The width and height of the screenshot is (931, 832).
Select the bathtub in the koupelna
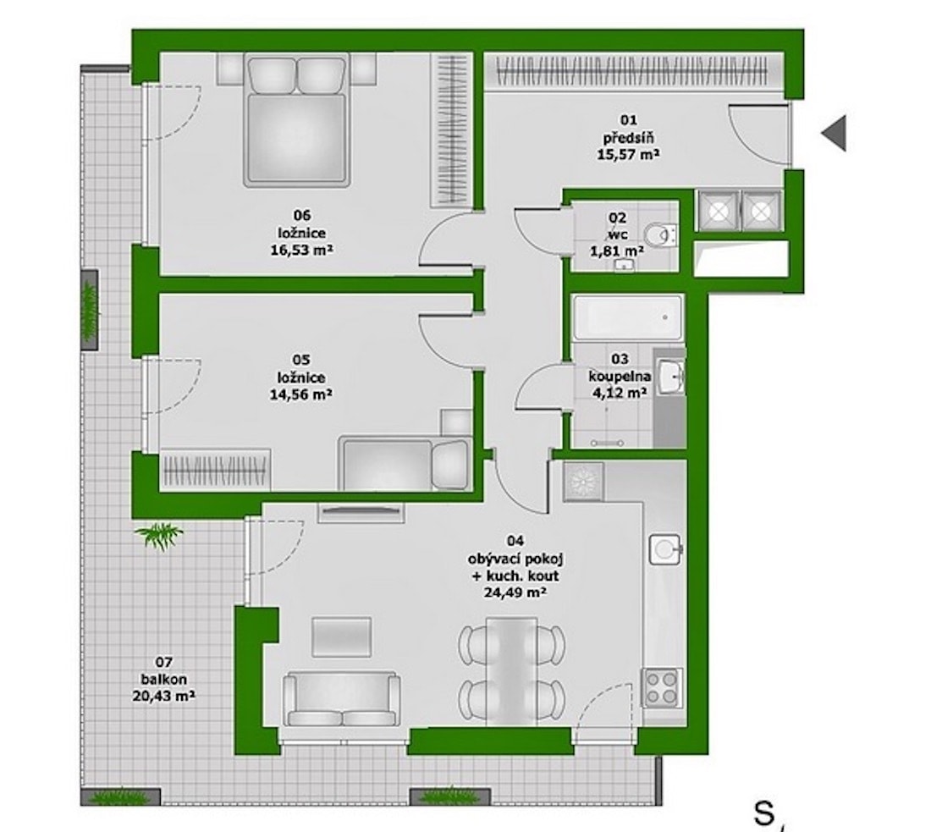pos(628,317)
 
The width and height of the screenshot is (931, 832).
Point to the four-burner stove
pos(662,686)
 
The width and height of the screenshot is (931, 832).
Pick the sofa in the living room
pos(341,699)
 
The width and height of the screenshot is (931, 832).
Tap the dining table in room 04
pos(511,671)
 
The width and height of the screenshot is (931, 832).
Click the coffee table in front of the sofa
pos(342,636)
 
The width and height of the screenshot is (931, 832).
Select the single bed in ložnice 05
pos(405,464)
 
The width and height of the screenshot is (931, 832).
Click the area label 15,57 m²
pos(628,154)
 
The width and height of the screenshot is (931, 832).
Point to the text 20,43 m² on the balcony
pos(163,696)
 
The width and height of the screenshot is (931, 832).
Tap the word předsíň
pos(629,138)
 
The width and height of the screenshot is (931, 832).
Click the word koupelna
pos(620,376)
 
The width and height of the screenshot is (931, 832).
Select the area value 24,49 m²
pos(515,592)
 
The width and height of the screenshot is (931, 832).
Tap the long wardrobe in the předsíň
pos(635,71)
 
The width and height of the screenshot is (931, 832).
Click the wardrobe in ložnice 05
pos(215,470)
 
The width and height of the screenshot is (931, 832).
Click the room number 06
pos(301,215)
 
